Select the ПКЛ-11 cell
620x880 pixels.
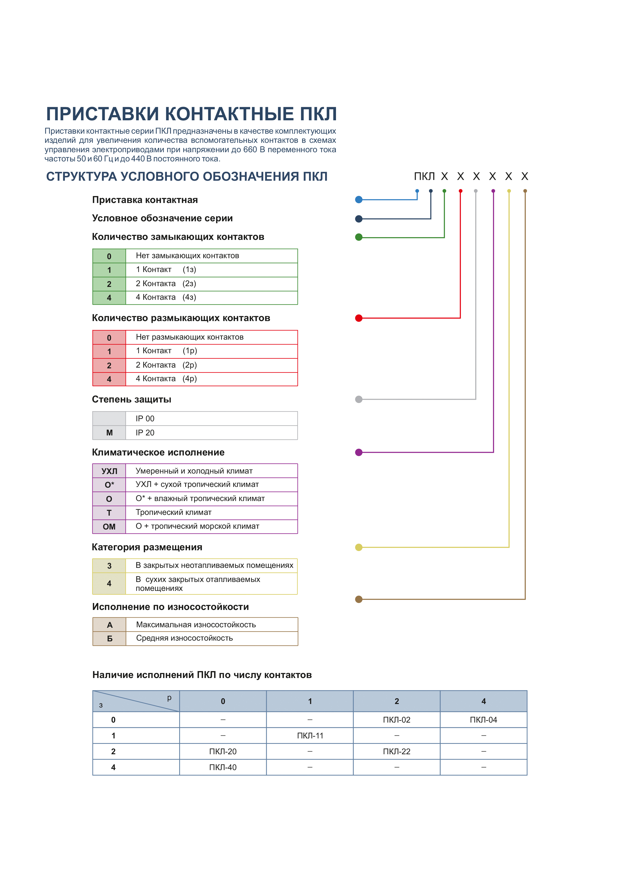pos(310,735)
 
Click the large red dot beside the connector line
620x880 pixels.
pos(359,318)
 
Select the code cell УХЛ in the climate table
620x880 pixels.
pos(109,471)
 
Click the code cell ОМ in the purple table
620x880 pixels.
pos(109,527)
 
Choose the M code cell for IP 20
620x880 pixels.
pos(109,433)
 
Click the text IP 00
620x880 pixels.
pos(145,419)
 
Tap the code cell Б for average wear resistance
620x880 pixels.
pos(110,639)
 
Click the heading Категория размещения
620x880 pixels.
pos(147,547)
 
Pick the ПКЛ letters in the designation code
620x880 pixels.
pos(424,176)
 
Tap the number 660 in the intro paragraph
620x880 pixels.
pos(250,150)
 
